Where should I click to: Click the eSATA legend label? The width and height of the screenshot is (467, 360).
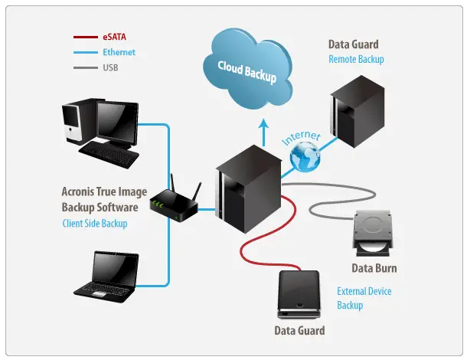tap(114, 37)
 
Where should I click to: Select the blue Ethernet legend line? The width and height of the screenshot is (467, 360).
tap(86, 52)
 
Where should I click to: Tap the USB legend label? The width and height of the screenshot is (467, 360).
tap(110, 67)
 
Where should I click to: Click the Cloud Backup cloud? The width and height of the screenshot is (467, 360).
tap(248, 69)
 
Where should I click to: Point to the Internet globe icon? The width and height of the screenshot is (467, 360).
tap(305, 157)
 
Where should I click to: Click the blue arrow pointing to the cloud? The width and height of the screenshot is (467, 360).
tap(263, 133)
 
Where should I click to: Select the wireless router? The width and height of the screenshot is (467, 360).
tap(175, 200)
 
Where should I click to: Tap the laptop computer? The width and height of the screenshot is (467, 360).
tap(106, 277)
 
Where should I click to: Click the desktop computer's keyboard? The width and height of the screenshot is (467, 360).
tap(109, 155)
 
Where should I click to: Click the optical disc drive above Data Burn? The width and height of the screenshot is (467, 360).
tap(373, 234)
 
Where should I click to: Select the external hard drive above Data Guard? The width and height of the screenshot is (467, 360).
tap(299, 294)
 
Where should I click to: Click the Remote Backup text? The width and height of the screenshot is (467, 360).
tap(356, 59)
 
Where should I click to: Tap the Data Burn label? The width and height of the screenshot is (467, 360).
tap(374, 268)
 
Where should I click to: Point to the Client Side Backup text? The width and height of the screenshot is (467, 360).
tap(95, 223)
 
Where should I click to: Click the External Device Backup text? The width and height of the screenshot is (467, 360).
tap(364, 298)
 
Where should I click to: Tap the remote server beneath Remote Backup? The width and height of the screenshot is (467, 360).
tap(357, 112)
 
